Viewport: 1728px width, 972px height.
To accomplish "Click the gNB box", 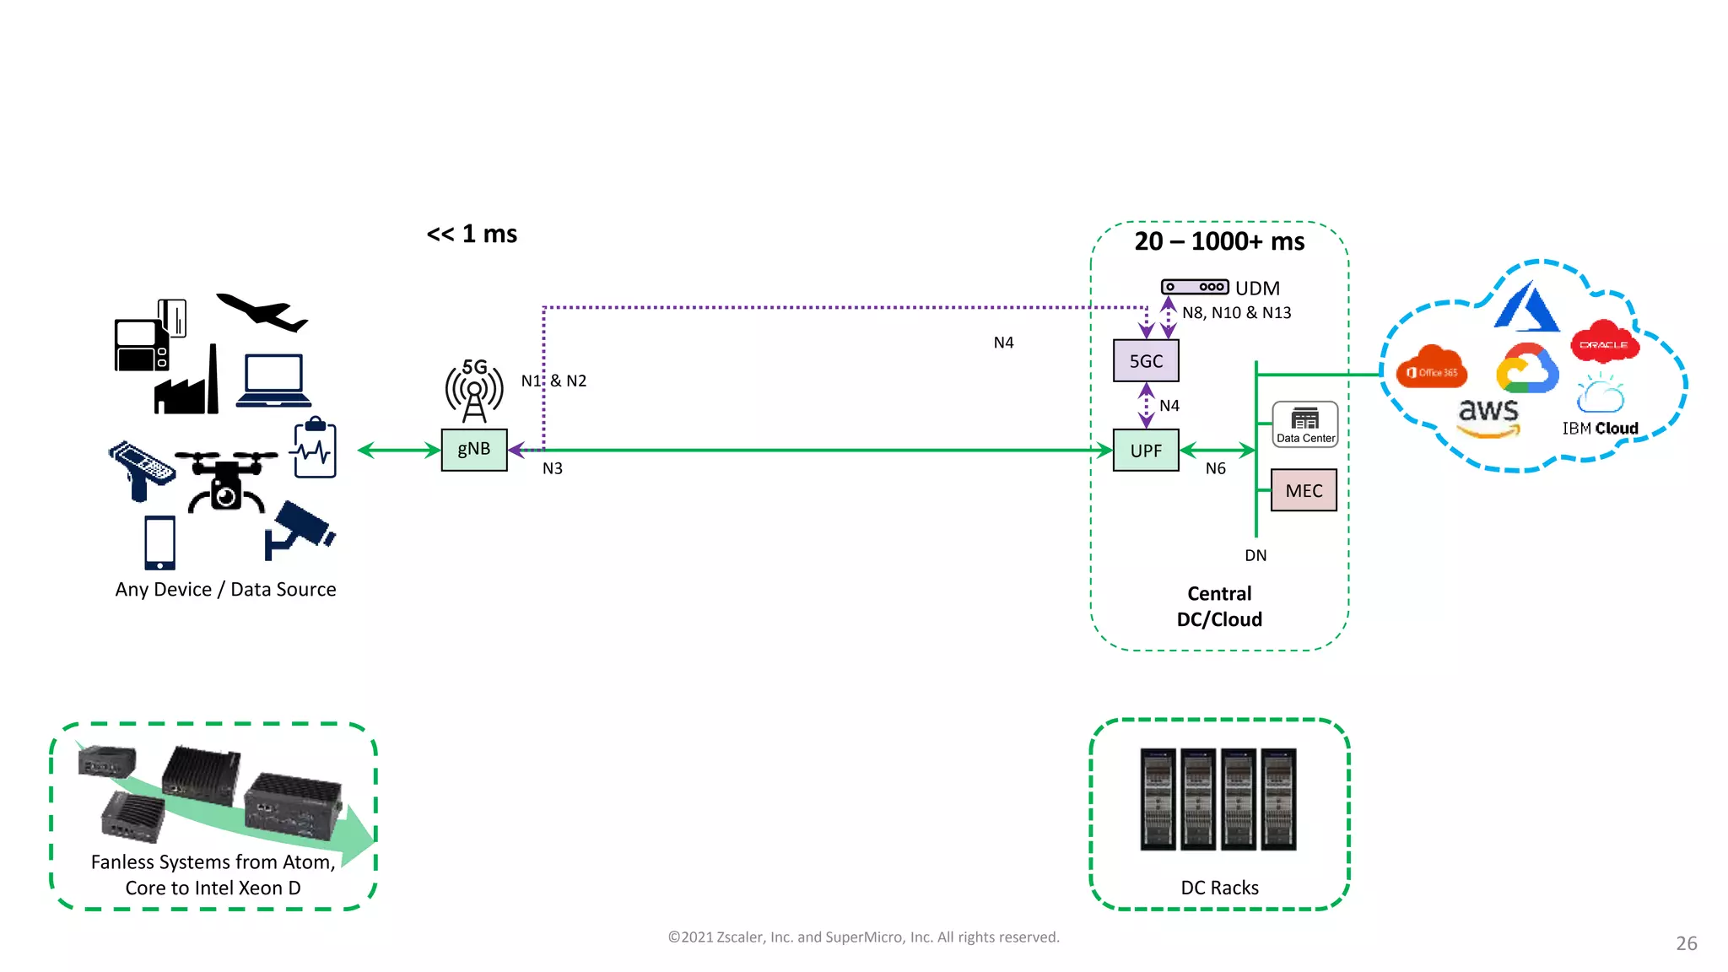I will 474,450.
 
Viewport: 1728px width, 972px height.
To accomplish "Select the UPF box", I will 1146,451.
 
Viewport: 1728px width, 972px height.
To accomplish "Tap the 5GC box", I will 1146,361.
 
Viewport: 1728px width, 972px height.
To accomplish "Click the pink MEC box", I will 1304,490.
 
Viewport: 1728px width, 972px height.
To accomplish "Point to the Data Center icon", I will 1305,424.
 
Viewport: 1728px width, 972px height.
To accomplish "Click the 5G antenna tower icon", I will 474,391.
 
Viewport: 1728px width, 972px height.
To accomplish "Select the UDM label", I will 1257,289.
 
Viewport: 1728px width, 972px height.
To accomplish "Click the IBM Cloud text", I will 1600,429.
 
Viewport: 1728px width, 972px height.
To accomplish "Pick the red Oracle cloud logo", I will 1604,343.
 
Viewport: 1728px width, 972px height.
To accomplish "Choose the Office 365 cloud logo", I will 1432,369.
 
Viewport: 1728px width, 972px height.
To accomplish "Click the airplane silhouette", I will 263,312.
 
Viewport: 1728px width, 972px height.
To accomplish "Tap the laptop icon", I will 273,381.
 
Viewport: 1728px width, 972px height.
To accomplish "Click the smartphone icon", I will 159,543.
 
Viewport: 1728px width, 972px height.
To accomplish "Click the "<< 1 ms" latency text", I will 472,234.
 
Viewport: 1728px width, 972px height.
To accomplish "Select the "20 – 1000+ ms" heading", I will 1219,241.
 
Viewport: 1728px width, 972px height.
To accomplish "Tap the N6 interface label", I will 1215,468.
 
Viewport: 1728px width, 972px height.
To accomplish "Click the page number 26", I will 1686,943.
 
